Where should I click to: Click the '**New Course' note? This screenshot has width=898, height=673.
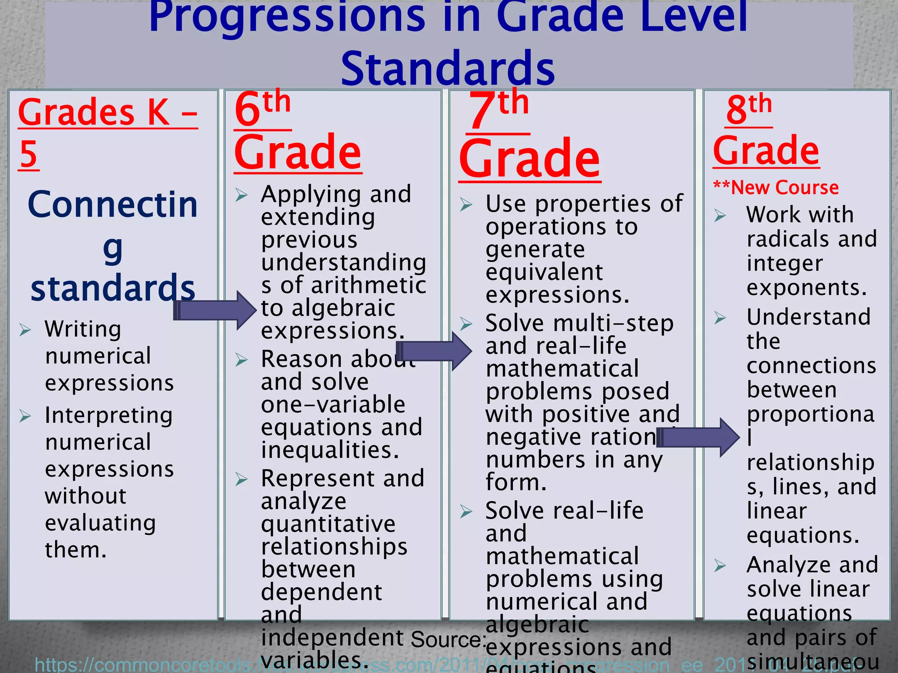click(x=776, y=188)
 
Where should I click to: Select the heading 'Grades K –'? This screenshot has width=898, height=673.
click(x=108, y=113)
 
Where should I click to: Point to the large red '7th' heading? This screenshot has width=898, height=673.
click(x=499, y=110)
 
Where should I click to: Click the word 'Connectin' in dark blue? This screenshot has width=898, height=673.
click(x=113, y=205)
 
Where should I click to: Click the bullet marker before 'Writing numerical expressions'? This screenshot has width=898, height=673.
click(x=25, y=329)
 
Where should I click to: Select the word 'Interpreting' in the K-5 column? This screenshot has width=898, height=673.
click(x=109, y=415)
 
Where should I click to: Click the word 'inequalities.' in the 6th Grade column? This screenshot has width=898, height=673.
click(x=330, y=450)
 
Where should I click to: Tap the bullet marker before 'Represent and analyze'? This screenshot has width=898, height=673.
click(x=242, y=479)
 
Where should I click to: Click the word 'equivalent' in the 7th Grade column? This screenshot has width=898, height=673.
click(x=544, y=272)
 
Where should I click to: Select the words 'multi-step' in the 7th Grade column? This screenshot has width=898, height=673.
click(x=613, y=323)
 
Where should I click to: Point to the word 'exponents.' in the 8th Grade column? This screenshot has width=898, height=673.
click(x=807, y=288)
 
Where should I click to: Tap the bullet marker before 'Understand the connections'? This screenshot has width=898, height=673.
click(x=720, y=318)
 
